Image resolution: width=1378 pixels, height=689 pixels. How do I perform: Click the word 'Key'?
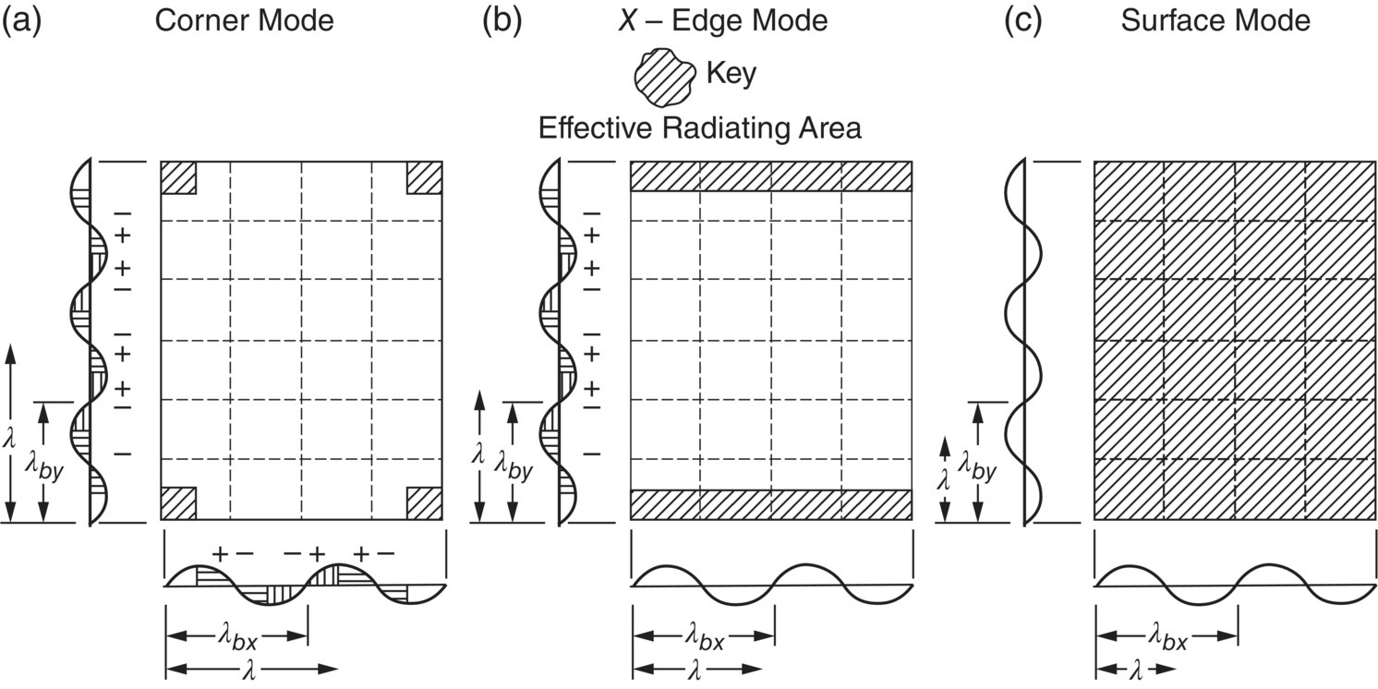731,74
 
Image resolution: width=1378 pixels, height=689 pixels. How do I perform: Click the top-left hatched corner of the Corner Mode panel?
178,177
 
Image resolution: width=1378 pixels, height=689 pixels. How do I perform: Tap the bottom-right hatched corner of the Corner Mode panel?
425,503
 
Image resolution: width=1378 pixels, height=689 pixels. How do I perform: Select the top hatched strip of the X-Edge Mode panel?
771,176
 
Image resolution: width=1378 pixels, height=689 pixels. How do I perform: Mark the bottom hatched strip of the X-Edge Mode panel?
771,504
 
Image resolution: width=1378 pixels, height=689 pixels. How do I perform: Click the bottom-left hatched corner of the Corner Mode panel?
178,503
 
